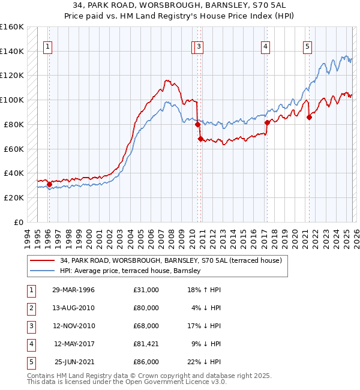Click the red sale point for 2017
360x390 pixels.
pyautogui.click(x=267, y=122)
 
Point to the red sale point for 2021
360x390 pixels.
pyautogui.click(x=309, y=117)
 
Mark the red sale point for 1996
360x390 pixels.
pyautogui.click(x=49, y=184)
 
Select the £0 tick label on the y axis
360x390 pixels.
pyautogui.click(x=18, y=222)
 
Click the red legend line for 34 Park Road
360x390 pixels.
pyautogui.click(x=41, y=260)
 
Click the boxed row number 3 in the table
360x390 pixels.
pyautogui.click(x=29, y=326)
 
